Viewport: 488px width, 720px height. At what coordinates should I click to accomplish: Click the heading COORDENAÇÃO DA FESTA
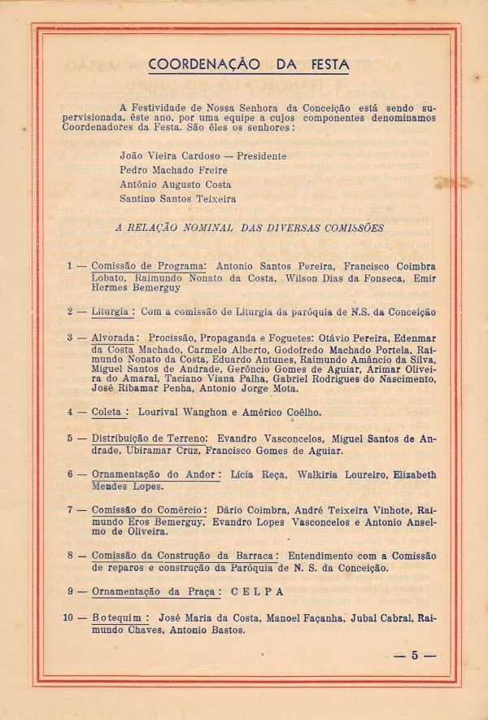(249, 65)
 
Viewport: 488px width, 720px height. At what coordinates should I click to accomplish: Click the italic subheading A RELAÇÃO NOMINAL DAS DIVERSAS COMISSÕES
(251, 229)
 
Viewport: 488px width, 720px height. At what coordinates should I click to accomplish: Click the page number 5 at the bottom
(414, 655)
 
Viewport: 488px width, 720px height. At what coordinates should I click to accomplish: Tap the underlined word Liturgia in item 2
(110, 312)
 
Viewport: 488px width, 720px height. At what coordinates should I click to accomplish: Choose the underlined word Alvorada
(114, 338)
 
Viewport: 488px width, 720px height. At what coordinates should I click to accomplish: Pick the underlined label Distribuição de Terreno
(150, 439)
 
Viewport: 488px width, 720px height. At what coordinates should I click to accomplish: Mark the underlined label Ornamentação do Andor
(152, 475)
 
